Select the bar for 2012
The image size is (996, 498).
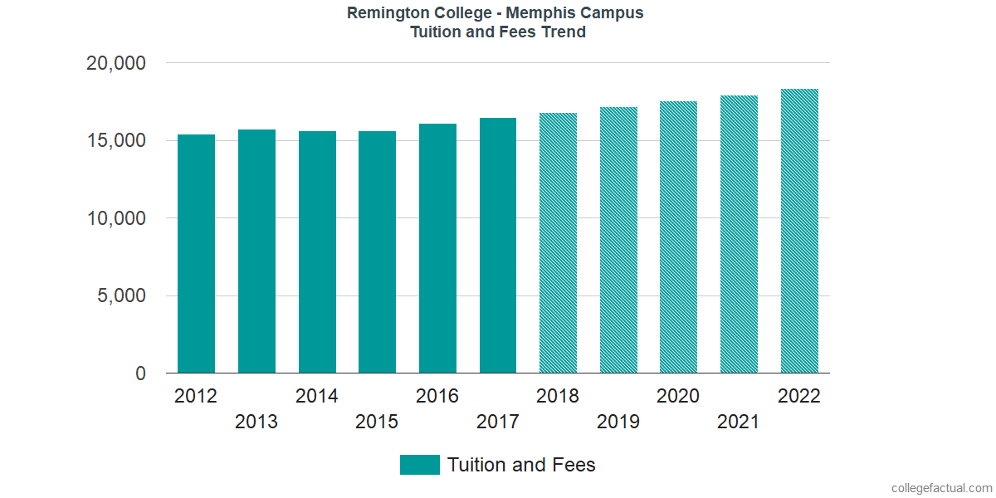196,254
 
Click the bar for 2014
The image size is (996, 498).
317,252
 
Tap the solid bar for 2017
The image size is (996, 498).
498,246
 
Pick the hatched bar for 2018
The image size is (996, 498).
558,243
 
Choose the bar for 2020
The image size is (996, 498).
678,237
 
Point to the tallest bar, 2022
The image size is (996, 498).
799,231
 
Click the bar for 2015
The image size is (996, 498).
377,252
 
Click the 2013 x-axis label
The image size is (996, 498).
256,422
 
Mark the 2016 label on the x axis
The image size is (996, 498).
437,396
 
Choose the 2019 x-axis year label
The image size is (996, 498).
618,422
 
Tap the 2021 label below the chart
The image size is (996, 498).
739,422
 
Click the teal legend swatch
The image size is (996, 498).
419,465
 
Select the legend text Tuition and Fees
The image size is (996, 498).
521,465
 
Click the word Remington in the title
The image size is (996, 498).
388,13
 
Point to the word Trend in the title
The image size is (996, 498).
563,32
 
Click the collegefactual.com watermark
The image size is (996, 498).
940,488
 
